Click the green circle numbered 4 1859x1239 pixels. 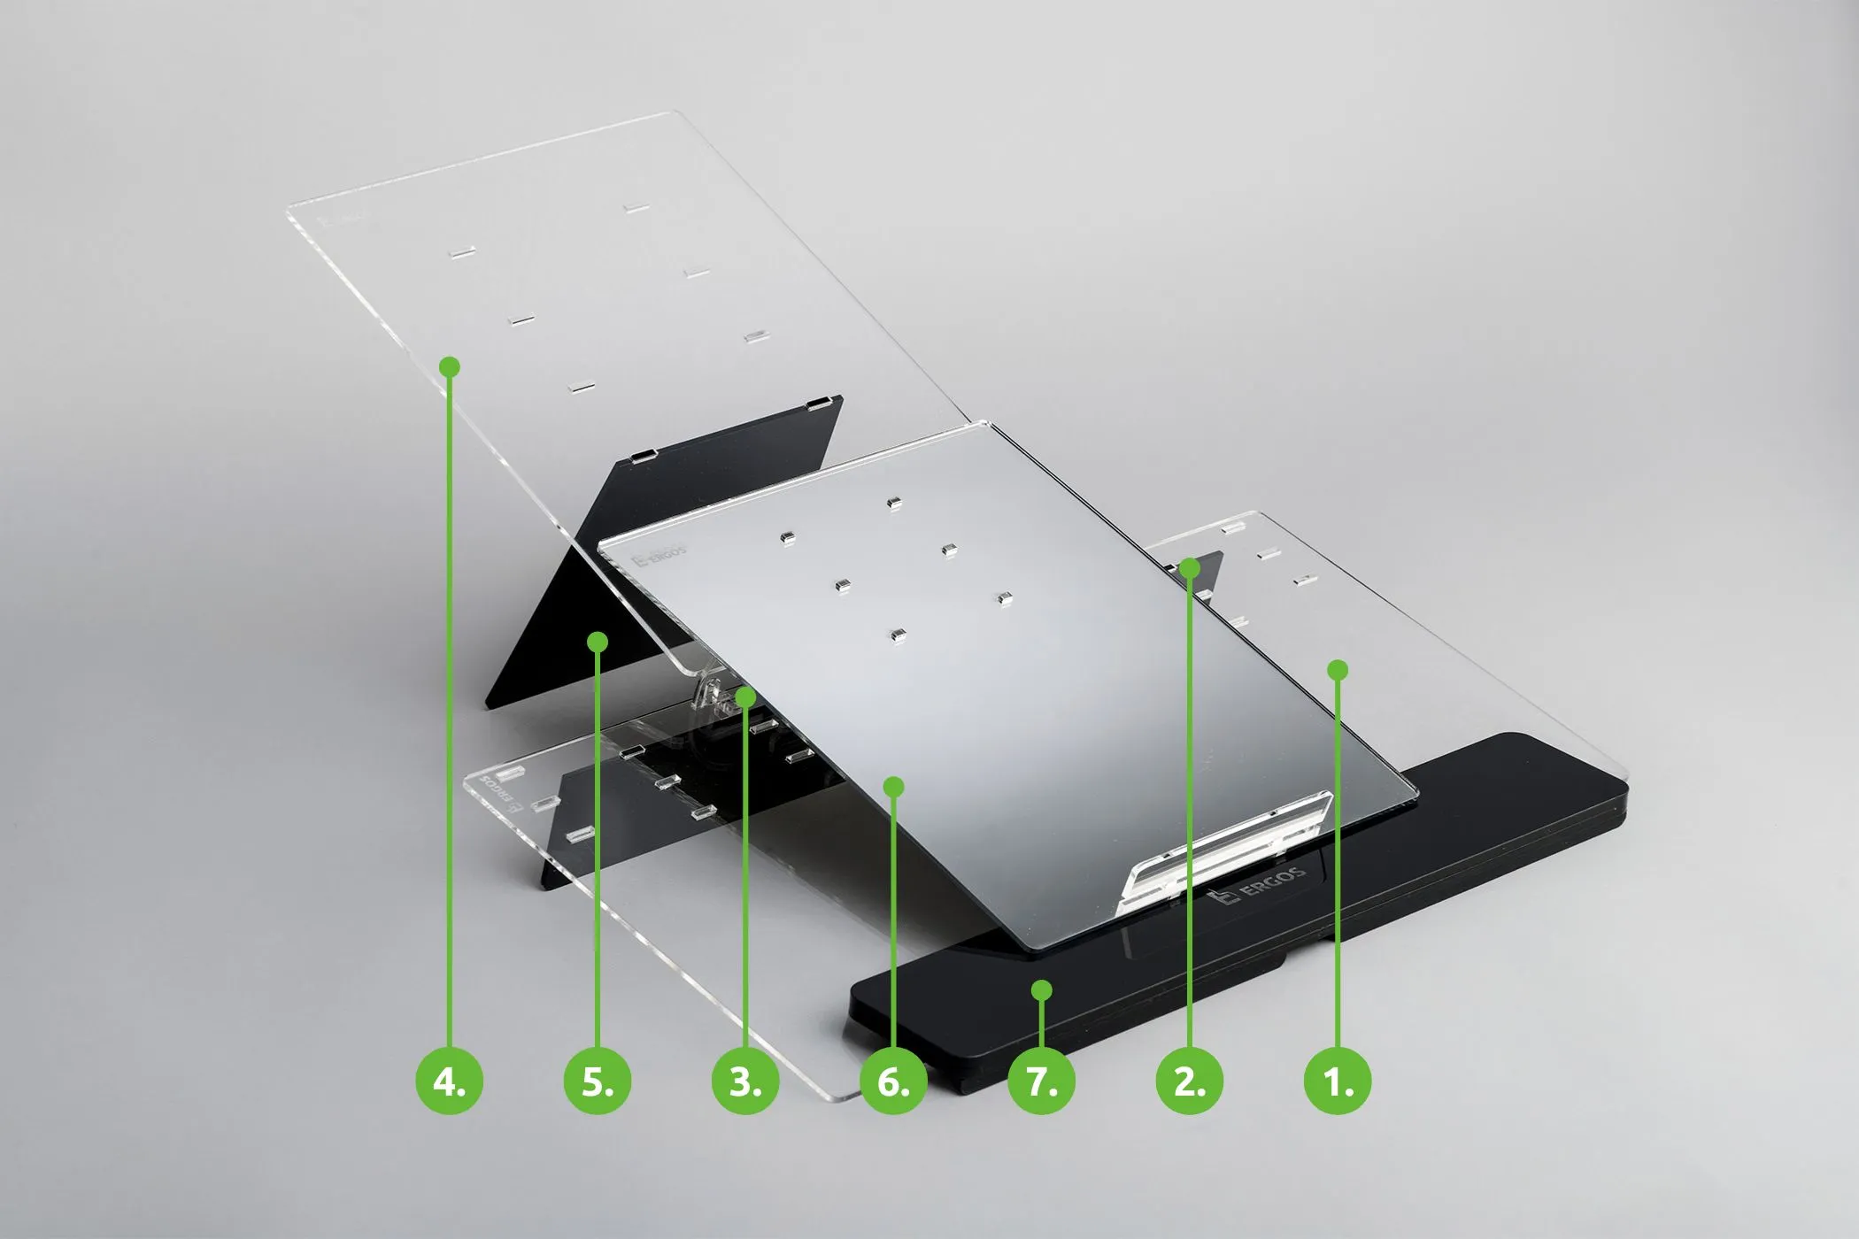click(x=450, y=1081)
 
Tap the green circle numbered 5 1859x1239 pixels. click(x=598, y=1081)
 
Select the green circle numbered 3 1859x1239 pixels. click(x=745, y=1081)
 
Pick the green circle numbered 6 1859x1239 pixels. click(x=893, y=1081)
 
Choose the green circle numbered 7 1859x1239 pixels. click(x=1041, y=1081)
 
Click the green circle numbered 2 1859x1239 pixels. click(x=1190, y=1081)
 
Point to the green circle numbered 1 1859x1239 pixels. click(x=1338, y=1081)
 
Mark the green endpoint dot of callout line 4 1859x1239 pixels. click(x=450, y=366)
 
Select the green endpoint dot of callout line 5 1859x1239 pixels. click(x=598, y=641)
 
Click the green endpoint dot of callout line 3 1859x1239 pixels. click(x=745, y=697)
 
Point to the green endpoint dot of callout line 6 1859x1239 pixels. click(x=893, y=786)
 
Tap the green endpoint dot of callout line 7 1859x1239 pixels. click(x=1042, y=989)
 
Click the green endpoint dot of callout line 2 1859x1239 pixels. click(x=1190, y=567)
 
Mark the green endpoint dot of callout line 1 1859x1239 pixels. click(x=1338, y=670)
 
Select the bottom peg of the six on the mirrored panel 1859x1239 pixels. click(x=898, y=634)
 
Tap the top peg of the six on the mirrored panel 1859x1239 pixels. click(x=893, y=503)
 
